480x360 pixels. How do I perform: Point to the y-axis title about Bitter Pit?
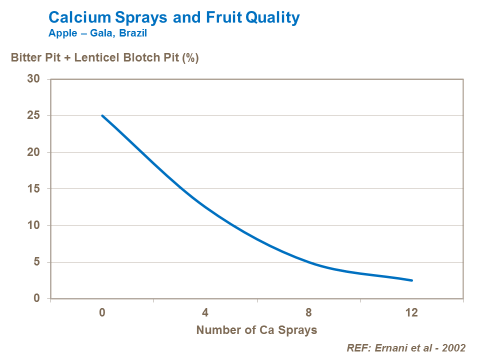(105, 58)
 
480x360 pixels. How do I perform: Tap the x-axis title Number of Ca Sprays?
(256, 330)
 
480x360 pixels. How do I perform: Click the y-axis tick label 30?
(34, 79)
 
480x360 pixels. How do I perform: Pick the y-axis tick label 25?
(34, 115)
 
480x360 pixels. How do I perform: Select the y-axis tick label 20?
(34, 152)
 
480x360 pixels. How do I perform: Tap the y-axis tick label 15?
(34, 189)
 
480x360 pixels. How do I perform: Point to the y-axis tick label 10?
(34, 225)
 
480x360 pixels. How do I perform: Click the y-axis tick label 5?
(37, 262)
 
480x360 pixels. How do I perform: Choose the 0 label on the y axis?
(37, 298)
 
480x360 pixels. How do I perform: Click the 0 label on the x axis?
(102, 313)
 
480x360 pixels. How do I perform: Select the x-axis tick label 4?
(205, 313)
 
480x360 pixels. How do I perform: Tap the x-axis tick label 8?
(308, 313)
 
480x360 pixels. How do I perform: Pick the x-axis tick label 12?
(411, 313)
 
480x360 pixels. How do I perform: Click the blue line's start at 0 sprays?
(102, 115)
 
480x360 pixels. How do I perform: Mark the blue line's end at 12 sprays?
(412, 280)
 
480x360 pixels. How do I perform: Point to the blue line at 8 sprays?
(308, 262)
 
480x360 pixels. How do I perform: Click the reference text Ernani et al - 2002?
(406, 348)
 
